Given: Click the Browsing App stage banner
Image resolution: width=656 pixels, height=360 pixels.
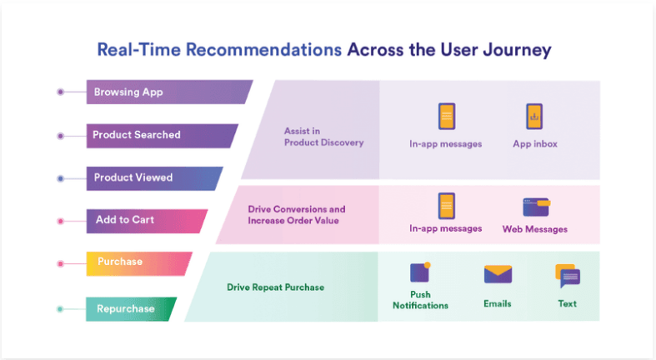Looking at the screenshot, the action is click(x=168, y=92).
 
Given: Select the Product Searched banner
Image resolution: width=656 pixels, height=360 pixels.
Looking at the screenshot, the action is click(x=161, y=136).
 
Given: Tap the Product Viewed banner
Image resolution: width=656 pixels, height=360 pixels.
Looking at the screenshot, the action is click(x=153, y=178).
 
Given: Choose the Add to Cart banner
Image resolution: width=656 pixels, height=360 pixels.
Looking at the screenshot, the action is click(x=147, y=221).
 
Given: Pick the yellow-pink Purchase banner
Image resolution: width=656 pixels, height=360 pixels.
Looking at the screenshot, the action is click(x=138, y=264).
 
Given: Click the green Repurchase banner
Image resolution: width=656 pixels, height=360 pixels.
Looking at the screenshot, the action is click(x=131, y=309).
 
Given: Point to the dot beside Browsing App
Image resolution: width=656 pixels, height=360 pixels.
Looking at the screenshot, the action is click(x=61, y=92).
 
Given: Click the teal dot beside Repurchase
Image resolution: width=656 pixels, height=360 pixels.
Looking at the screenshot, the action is click(x=60, y=309).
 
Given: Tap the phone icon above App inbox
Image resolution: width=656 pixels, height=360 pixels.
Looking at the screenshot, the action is click(x=534, y=116).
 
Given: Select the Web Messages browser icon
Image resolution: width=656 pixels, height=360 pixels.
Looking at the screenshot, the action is click(x=536, y=207).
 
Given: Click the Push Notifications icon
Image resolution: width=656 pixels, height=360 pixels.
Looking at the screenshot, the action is click(x=420, y=272).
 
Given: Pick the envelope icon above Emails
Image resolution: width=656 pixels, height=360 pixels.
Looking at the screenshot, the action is click(x=498, y=274).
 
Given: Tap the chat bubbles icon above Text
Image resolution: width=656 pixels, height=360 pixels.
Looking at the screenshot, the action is click(x=568, y=276).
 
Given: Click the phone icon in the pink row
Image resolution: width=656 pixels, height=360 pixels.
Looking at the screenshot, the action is click(x=447, y=206).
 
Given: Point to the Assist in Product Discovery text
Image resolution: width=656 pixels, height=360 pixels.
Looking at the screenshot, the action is click(x=323, y=137).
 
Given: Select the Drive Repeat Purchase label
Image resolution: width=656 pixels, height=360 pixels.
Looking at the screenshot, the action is click(x=275, y=287).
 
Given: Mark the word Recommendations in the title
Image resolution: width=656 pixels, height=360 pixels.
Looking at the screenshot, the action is click(x=263, y=50).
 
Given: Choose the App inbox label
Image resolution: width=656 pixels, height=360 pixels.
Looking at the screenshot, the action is click(x=535, y=144).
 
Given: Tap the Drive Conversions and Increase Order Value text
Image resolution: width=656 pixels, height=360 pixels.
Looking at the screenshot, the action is click(x=297, y=215).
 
